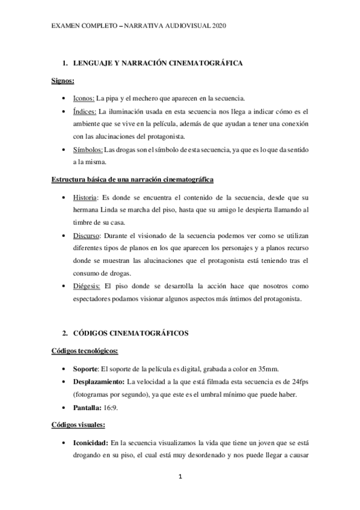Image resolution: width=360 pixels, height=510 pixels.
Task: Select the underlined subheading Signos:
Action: pyautogui.click(x=61, y=81)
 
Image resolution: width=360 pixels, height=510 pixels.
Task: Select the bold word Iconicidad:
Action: pyautogui.click(x=91, y=442)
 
